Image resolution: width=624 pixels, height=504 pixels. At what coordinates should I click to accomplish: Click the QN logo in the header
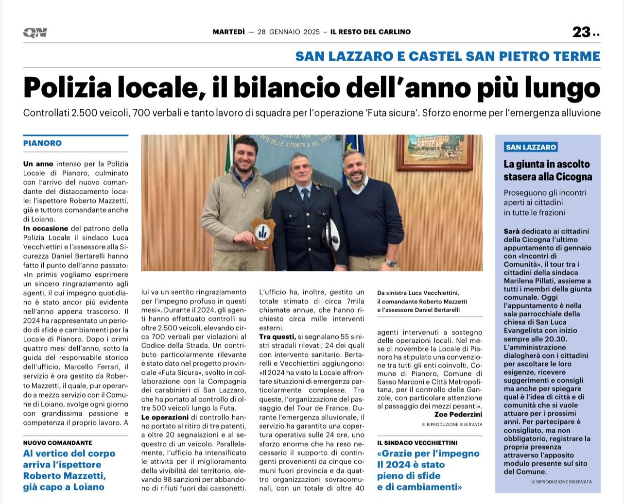tap(35, 33)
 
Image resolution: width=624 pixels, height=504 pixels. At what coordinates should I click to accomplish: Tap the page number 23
tap(581, 32)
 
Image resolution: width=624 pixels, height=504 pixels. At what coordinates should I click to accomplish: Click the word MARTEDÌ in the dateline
tap(228, 32)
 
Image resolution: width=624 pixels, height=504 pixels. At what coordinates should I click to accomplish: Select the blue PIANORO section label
tap(42, 143)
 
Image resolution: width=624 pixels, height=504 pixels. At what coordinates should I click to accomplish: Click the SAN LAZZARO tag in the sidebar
tap(531, 147)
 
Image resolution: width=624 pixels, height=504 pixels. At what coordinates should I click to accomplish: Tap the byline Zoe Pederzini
tap(458, 414)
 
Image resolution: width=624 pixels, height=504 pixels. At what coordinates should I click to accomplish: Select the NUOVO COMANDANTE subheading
tap(57, 443)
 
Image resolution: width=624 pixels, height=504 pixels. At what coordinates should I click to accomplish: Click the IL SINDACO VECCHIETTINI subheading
tap(417, 443)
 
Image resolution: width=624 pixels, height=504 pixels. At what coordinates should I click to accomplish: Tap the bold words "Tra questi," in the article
tap(277, 336)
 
